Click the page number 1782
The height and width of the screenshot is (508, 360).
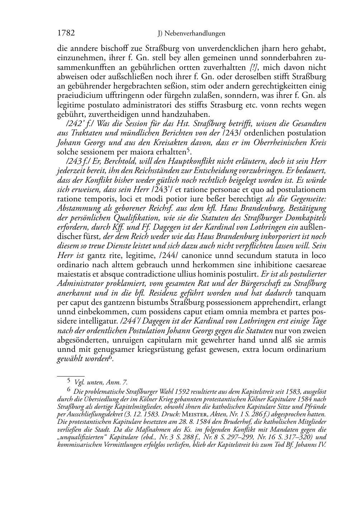point(66,33)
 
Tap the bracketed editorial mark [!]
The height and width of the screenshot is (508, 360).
point(254,67)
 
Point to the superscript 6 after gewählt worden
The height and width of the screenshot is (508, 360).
point(111,357)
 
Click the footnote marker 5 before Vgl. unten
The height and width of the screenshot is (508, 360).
point(69,382)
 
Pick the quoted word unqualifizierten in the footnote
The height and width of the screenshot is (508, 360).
point(79,437)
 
